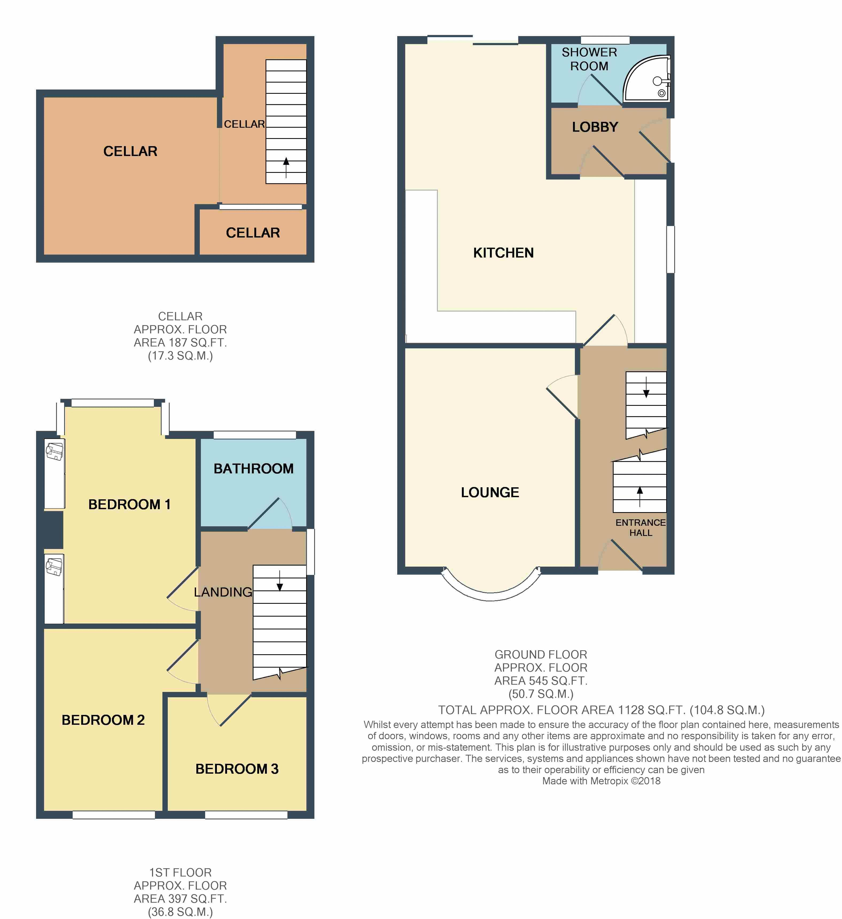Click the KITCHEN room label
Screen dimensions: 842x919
(x=503, y=253)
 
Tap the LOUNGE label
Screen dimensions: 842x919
(x=490, y=492)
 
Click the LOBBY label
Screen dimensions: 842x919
(x=595, y=127)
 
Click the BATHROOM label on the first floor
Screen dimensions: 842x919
(x=254, y=469)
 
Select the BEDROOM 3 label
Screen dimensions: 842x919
(x=237, y=769)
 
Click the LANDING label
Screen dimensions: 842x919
(x=223, y=592)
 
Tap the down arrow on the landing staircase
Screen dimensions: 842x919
(x=279, y=580)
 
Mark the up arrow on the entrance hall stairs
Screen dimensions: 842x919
(x=640, y=496)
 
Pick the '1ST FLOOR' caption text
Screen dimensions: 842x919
(x=181, y=873)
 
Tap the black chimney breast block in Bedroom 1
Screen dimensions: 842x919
(x=53, y=530)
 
